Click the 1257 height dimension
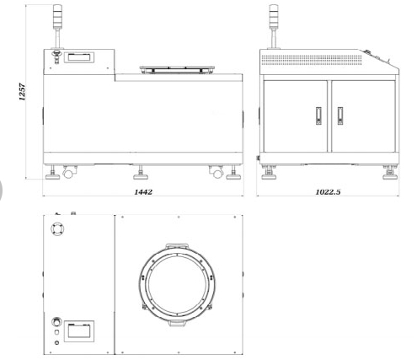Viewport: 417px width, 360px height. [22, 92]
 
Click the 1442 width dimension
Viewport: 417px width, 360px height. [143, 192]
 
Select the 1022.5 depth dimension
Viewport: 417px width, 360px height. [328, 192]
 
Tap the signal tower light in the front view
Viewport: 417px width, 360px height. [57, 16]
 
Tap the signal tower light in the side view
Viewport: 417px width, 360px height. [274, 16]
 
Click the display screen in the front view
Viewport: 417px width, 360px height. [79, 57]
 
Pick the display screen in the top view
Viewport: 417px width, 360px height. [79, 331]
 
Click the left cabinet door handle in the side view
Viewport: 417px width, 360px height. [318, 116]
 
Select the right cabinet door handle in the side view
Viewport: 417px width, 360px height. [340, 116]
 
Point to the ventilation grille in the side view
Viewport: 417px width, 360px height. [312, 60]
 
